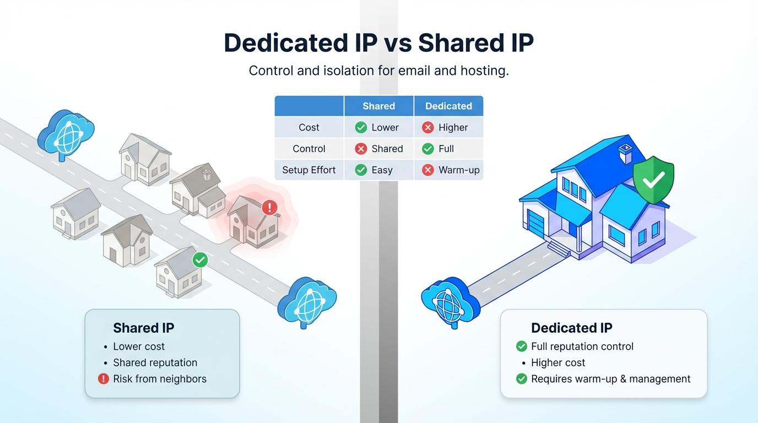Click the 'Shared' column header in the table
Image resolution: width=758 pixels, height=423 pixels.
pyautogui.click(x=378, y=106)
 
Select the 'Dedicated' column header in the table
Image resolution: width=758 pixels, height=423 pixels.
pyautogui.click(x=448, y=106)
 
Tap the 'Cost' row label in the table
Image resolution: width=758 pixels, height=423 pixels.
pyautogui.click(x=308, y=128)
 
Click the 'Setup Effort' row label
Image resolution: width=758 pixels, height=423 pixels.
pyautogui.click(x=308, y=170)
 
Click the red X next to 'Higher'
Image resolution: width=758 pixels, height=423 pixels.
pyautogui.click(x=427, y=128)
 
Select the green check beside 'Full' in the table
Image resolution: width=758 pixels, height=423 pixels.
pyautogui.click(x=427, y=149)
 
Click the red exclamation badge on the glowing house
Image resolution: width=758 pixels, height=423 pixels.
pyautogui.click(x=269, y=207)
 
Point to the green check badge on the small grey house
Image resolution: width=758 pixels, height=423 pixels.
pyautogui.click(x=200, y=260)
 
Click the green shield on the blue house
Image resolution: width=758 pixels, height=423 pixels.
pyautogui.click(x=653, y=180)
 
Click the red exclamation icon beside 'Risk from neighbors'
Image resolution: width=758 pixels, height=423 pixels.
pyautogui.click(x=103, y=379)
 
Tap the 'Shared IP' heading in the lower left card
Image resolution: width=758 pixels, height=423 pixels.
pyautogui.click(x=143, y=328)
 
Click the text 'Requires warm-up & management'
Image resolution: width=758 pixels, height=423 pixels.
pyautogui.click(x=610, y=379)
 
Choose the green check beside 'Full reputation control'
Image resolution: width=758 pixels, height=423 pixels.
pyautogui.click(x=522, y=346)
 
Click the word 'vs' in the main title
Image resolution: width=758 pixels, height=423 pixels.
pyautogui.click(x=398, y=44)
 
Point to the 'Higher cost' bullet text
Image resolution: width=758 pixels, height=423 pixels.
pyautogui.click(x=558, y=363)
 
